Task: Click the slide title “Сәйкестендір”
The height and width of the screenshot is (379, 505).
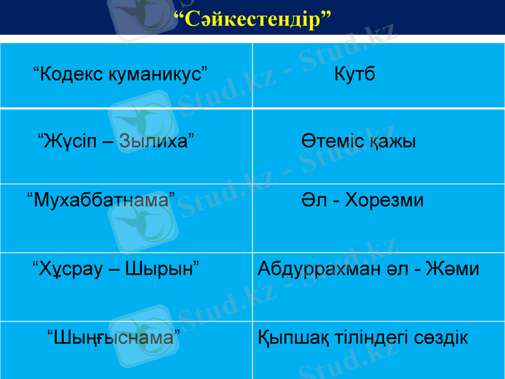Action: point(252,18)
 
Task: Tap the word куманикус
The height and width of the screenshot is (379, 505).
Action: point(158,75)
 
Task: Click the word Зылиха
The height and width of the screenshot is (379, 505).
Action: point(155,140)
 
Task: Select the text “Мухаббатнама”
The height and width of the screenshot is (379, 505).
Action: point(102,201)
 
